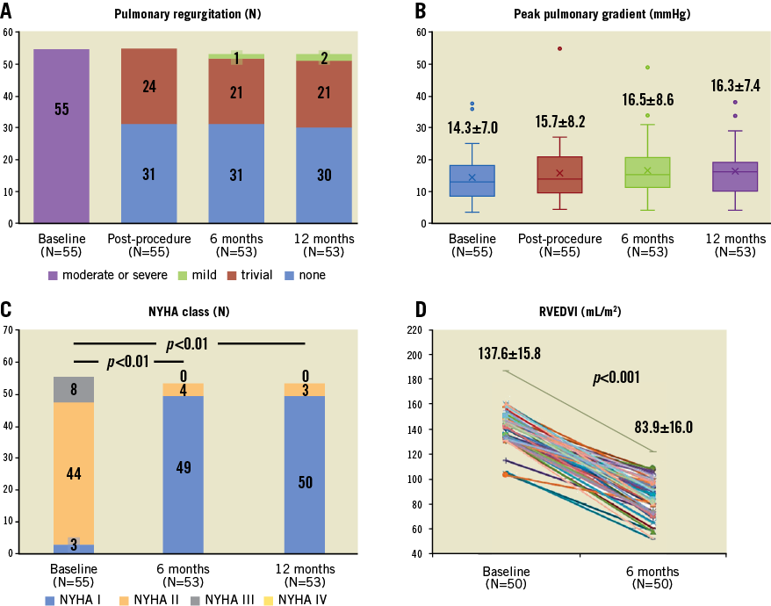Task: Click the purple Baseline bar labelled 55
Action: click(61, 136)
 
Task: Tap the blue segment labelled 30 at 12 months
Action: click(325, 175)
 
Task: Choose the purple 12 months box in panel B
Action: click(735, 177)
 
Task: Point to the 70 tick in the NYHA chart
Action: click(8, 330)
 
